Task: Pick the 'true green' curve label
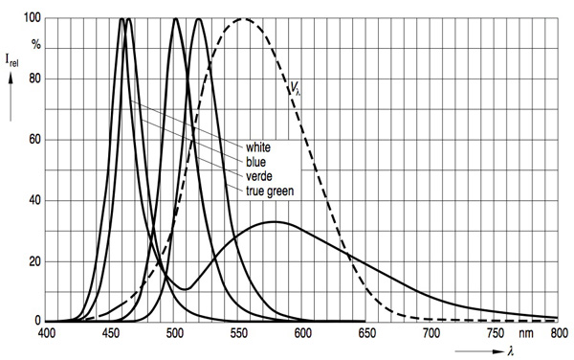coord(269,191)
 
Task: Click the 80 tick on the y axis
coord(33,79)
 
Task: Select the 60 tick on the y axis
coord(33,140)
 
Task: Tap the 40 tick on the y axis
coord(33,200)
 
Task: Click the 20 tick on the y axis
coord(33,260)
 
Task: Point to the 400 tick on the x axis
coord(47,334)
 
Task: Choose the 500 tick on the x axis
coord(175,334)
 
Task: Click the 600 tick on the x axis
coord(302,334)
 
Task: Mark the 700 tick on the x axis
coord(430,334)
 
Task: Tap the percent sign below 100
coord(35,44)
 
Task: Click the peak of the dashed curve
coord(243,19)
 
